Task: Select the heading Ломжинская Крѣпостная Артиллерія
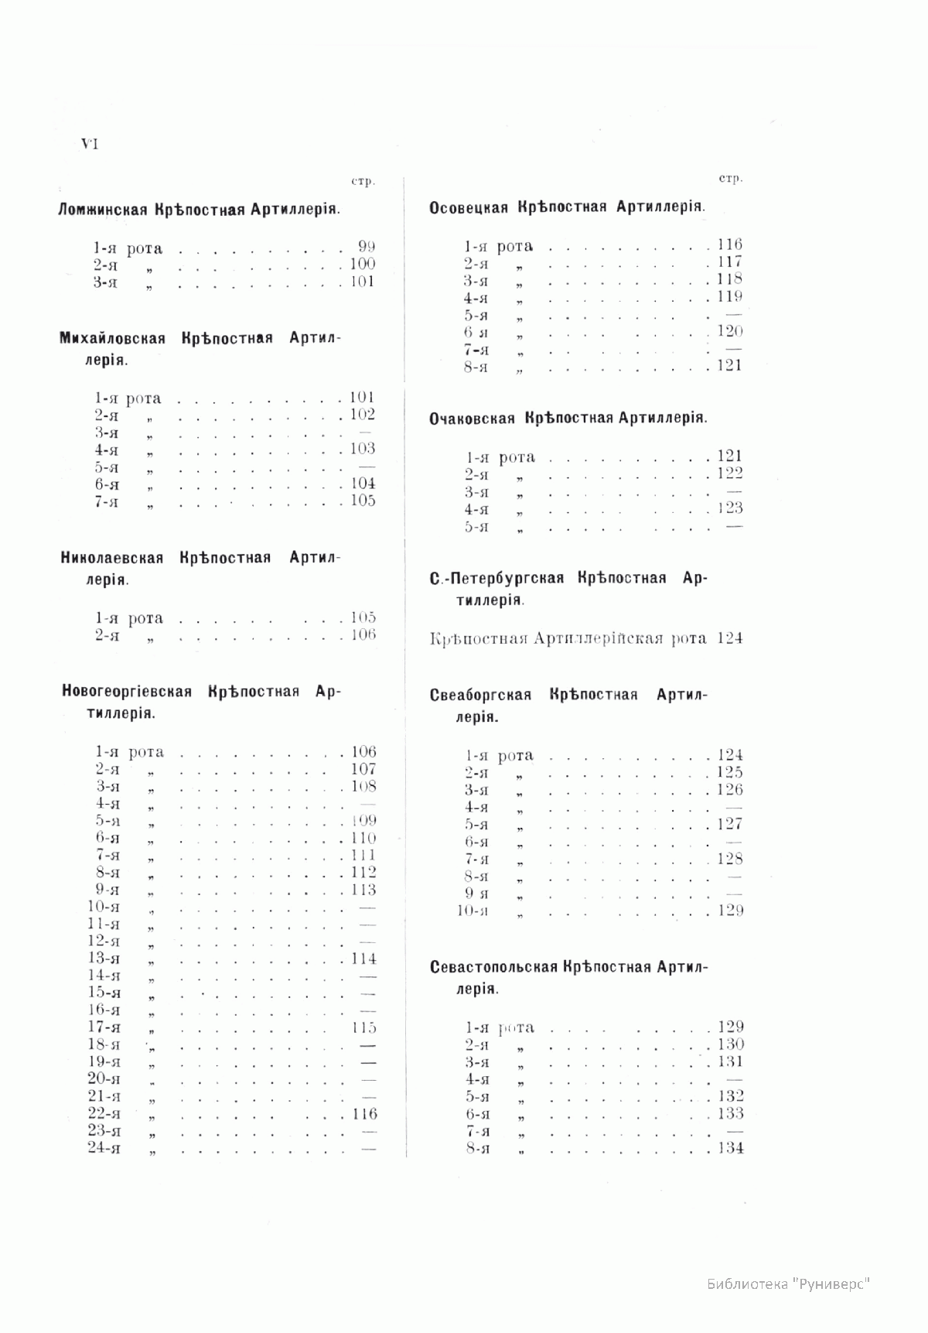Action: click(x=199, y=210)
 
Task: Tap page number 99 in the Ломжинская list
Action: click(x=367, y=248)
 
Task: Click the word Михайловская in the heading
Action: click(x=113, y=339)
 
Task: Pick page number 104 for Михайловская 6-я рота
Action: click(x=362, y=484)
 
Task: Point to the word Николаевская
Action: click(x=112, y=558)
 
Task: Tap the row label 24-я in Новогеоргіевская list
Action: click(x=104, y=1148)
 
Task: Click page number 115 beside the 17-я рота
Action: click(x=363, y=1027)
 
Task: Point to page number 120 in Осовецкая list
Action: click(x=729, y=331)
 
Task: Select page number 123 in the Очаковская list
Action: click(x=729, y=508)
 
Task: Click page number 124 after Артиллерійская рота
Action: click(x=730, y=638)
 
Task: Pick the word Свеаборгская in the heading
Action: click(x=480, y=695)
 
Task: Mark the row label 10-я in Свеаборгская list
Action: click(x=473, y=911)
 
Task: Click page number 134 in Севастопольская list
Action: click(x=730, y=1148)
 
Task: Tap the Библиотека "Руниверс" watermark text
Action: click(x=789, y=1284)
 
